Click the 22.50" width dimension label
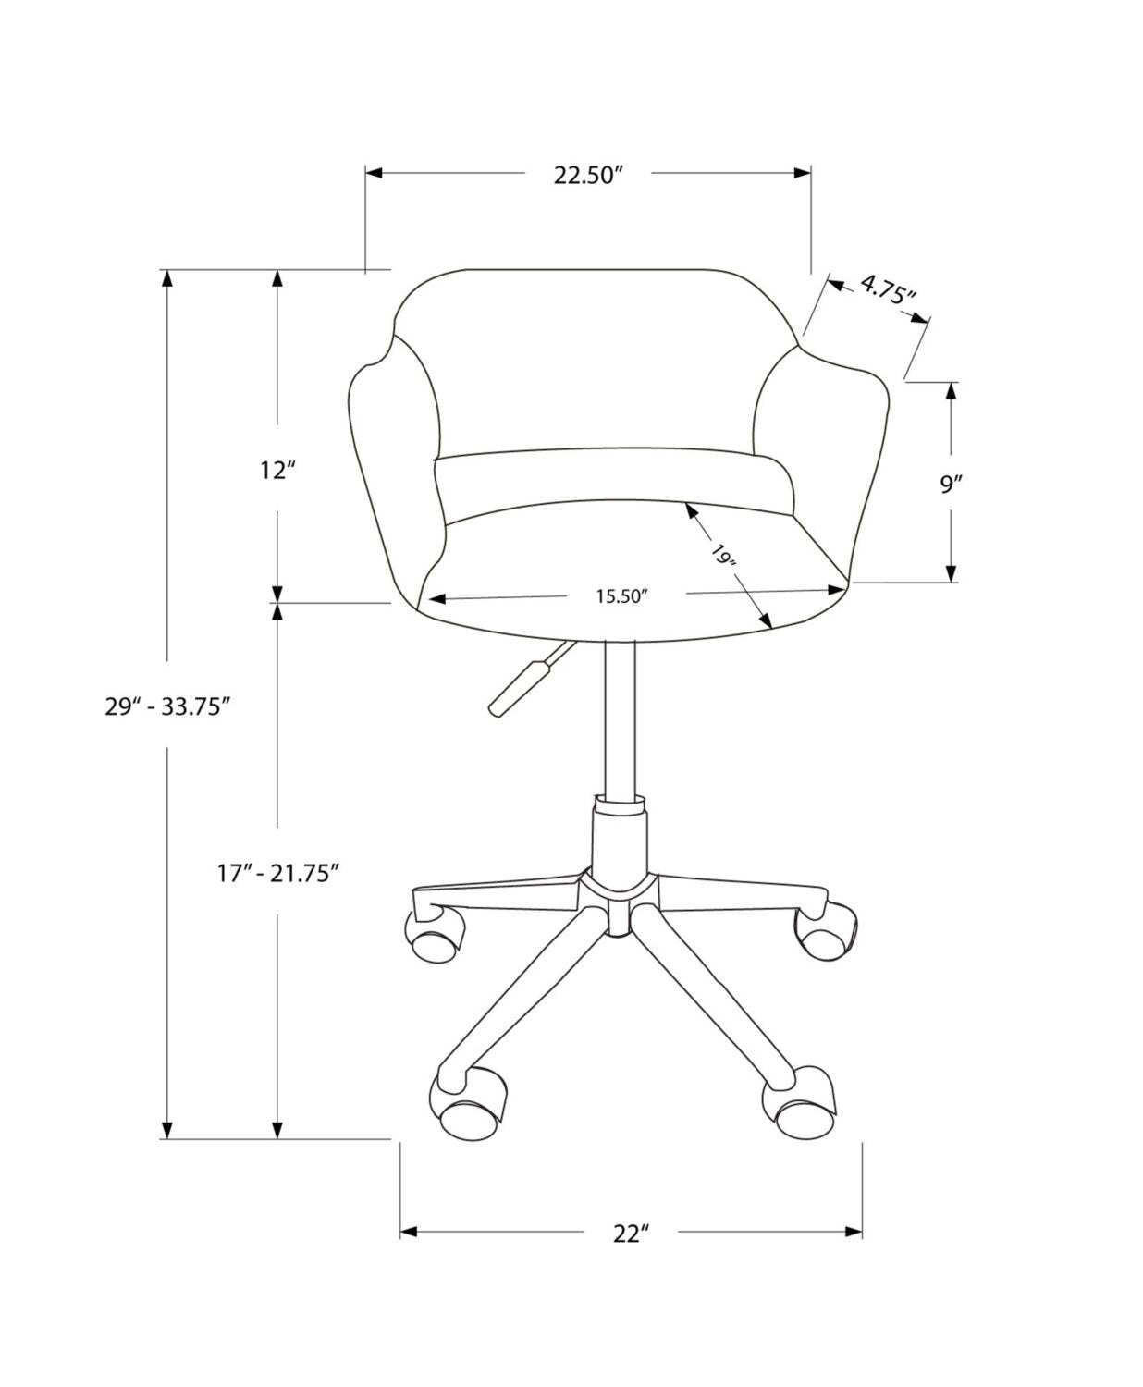[x=589, y=175]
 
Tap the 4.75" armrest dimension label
[x=887, y=291]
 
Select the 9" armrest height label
[x=952, y=484]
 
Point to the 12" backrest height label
[x=277, y=471]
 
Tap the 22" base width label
[x=631, y=1233]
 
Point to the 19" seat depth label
[x=724, y=557]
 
